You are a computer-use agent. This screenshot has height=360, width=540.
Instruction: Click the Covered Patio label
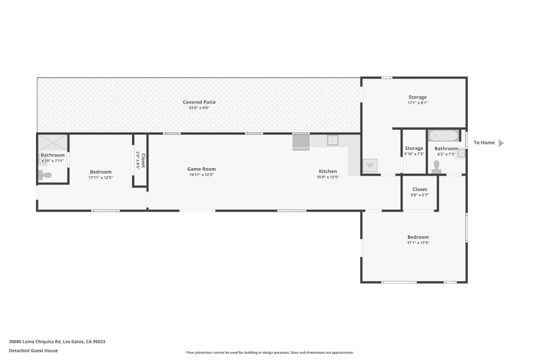[x=199, y=102]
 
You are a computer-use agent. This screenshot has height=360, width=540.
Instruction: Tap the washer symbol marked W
[x=370, y=165]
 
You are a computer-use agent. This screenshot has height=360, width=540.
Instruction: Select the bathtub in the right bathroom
[x=443, y=135]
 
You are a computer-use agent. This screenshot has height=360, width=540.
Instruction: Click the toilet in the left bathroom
[x=45, y=175]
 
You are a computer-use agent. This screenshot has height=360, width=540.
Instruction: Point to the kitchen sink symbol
[x=333, y=140]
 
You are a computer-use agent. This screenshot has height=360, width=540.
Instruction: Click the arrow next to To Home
[x=501, y=143]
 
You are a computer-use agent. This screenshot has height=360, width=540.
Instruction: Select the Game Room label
[x=201, y=169]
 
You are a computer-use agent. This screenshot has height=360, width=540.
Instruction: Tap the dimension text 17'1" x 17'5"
[x=418, y=243]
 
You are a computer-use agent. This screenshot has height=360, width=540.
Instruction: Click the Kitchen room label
[x=328, y=171]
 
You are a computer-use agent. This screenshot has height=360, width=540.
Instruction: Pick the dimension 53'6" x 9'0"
[x=199, y=108]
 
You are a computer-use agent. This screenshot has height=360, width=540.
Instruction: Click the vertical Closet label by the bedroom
[x=143, y=160]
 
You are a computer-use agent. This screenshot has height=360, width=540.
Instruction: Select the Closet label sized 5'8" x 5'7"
[x=420, y=189]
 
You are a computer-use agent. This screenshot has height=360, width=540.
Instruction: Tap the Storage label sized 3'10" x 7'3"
[x=414, y=148]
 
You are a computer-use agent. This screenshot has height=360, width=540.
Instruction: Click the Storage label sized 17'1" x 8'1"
[x=417, y=97]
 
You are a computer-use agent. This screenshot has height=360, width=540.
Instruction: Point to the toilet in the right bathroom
[x=436, y=167]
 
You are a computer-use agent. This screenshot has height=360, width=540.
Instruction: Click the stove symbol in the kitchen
[x=301, y=142]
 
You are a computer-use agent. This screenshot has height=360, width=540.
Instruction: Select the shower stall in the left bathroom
[x=52, y=143]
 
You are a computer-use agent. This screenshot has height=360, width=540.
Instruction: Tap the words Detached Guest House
[x=33, y=351]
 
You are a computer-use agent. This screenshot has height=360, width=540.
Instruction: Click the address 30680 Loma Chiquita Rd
[x=35, y=342]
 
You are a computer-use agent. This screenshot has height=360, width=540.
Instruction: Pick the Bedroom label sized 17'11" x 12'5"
[x=100, y=172]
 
